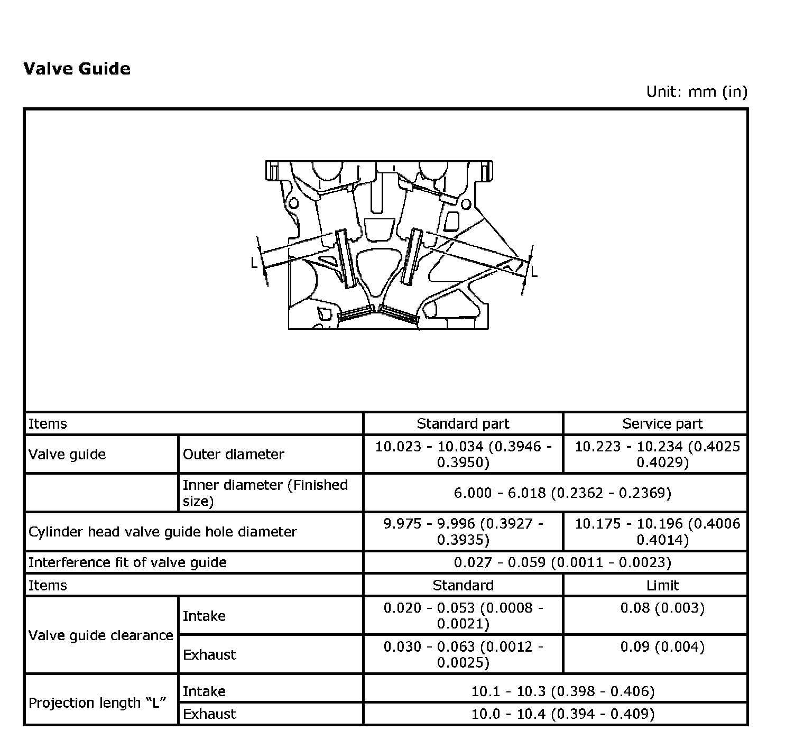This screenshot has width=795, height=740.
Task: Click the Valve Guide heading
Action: tap(77, 69)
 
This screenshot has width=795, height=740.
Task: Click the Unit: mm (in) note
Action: tap(697, 91)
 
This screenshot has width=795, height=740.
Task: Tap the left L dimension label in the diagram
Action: tap(254, 262)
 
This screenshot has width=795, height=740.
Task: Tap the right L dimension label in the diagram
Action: tap(534, 272)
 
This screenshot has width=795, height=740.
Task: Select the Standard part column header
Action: tap(463, 423)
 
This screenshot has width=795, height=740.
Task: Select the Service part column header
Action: tap(662, 423)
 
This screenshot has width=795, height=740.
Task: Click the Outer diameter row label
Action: tap(233, 454)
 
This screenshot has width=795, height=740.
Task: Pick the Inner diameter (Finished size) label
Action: tap(265, 493)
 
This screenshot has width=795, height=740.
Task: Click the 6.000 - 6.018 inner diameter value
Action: tap(562, 493)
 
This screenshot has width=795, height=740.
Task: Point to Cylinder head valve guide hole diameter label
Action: tap(163, 531)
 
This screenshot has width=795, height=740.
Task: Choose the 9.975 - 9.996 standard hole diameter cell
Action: tap(463, 531)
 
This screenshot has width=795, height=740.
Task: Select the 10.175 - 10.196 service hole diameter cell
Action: tap(657, 531)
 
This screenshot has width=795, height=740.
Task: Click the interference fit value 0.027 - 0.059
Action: tap(562, 562)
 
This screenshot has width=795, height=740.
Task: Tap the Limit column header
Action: tap(662, 585)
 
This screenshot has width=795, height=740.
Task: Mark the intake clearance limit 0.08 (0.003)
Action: tap(662, 608)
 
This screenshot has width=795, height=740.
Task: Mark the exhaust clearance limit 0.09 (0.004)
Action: tap(662, 646)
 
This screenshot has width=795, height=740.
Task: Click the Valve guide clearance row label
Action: tap(100, 635)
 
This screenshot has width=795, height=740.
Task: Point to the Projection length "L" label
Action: tap(97, 702)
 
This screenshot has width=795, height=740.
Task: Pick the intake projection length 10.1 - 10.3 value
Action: tap(562, 691)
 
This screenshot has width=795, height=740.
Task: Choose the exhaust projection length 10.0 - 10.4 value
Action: tap(562, 714)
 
